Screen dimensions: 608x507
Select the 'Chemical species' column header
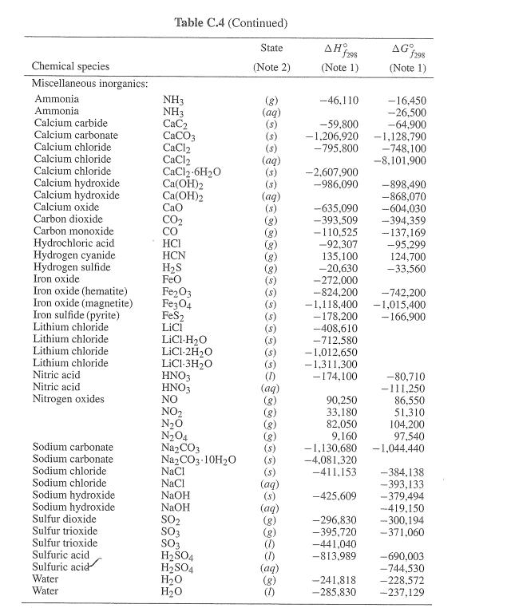pos(70,66)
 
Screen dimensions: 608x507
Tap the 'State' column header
pos(271,49)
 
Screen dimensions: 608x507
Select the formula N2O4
pos(176,435)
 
